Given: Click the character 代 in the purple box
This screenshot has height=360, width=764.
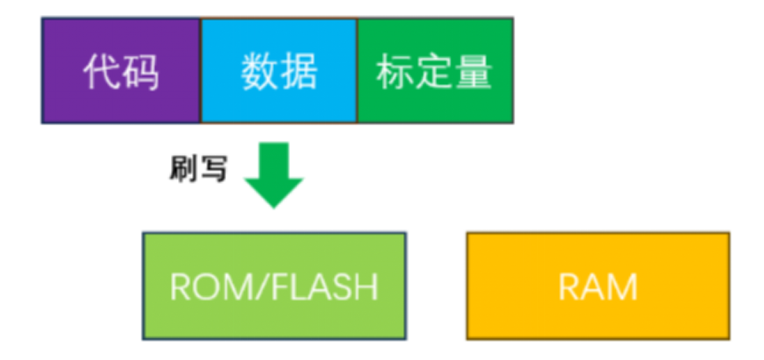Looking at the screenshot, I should coord(102,72).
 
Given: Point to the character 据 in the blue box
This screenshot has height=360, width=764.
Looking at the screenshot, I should coord(299,72).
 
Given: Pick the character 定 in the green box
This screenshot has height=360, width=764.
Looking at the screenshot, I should coord(434,72).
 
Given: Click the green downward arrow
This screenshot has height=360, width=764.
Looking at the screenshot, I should coord(273,173).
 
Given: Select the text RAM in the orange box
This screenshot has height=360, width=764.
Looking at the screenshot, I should coord(598,288).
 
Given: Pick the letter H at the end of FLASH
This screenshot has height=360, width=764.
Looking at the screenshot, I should coord(367,288).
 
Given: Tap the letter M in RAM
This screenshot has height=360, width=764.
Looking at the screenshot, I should coord(621,288).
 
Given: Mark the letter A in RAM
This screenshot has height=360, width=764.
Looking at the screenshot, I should coord(595,288).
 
